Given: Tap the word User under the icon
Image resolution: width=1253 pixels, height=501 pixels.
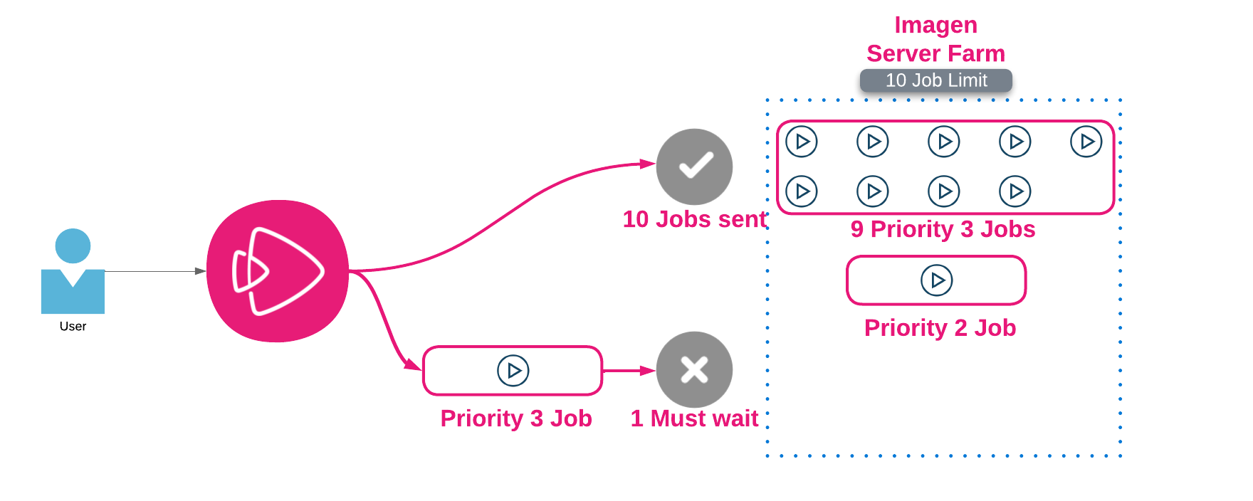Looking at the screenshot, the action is [73, 326].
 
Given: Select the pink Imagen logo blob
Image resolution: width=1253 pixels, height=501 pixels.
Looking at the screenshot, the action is [278, 271].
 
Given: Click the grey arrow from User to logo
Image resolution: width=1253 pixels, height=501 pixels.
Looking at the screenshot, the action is [155, 271].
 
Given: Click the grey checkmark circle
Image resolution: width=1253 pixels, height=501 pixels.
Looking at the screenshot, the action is [694, 167].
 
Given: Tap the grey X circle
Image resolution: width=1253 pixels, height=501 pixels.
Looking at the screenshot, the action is [694, 369].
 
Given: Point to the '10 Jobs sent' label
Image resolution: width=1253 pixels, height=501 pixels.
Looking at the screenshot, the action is [694, 219].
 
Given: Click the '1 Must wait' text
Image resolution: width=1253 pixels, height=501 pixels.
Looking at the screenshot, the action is [694, 418].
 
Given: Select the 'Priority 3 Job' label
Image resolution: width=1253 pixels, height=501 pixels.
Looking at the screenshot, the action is [516, 418].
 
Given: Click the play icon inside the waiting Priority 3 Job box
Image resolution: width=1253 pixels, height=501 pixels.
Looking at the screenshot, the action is [513, 371].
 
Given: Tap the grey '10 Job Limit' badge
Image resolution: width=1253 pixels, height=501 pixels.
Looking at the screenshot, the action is [936, 80].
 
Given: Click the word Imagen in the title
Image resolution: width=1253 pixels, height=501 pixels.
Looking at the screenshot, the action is [936, 25].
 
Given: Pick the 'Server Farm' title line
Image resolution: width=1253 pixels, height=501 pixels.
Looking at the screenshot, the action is [936, 53].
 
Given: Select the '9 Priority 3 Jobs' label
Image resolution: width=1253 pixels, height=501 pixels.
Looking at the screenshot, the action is [943, 229].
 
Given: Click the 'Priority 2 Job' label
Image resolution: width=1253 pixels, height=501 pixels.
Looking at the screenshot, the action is [940, 328].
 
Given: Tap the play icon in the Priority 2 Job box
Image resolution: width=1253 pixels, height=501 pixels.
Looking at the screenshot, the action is [937, 280].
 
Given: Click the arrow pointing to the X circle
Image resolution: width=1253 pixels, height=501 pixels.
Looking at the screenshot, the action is [629, 371].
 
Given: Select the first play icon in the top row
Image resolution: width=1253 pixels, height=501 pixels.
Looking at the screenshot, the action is [802, 142].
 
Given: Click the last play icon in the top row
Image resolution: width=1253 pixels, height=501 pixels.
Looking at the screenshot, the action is [1086, 142].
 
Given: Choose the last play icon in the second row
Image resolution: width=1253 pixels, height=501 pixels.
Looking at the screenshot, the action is [1015, 191].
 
